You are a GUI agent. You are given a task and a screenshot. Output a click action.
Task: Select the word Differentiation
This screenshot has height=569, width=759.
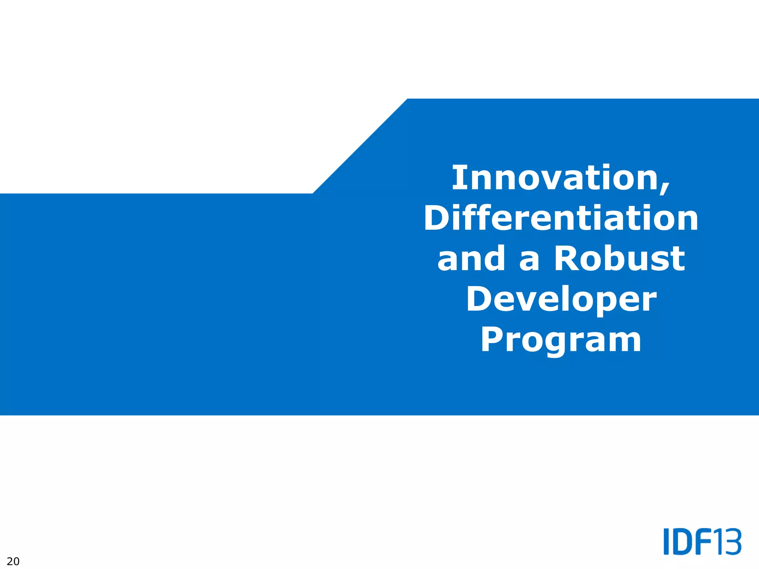(561, 219)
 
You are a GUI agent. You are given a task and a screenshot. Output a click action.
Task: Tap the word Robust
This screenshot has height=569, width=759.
(619, 259)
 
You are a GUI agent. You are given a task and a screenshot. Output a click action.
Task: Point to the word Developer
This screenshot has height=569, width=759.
(561, 300)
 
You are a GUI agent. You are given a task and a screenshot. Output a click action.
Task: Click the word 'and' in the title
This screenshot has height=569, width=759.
(471, 259)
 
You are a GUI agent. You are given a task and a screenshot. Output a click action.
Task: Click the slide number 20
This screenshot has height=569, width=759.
(13, 561)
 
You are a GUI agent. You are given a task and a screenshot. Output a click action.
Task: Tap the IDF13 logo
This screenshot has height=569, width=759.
(702, 542)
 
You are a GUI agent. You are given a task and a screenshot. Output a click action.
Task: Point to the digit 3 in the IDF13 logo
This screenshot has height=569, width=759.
(733, 542)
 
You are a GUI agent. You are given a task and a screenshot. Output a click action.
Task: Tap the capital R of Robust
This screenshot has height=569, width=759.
(567, 259)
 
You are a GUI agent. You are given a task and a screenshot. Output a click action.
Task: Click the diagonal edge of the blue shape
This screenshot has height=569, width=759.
(360, 146)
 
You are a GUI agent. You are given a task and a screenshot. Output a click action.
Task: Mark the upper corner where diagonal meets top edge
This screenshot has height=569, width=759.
(407, 99)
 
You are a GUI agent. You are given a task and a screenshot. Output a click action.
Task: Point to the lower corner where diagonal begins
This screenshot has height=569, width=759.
(313, 193)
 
